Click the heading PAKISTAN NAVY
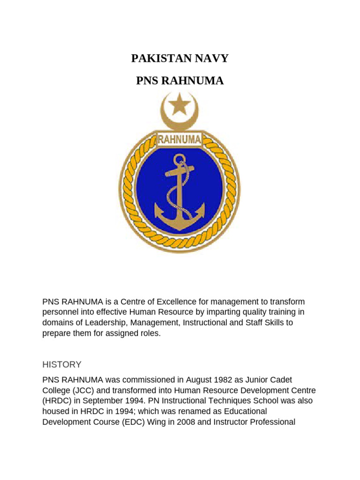(x=180, y=59)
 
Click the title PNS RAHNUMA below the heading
(x=180, y=82)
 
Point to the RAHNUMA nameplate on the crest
(x=180, y=139)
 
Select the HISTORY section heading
(x=62, y=364)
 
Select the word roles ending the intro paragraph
(x=149, y=333)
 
